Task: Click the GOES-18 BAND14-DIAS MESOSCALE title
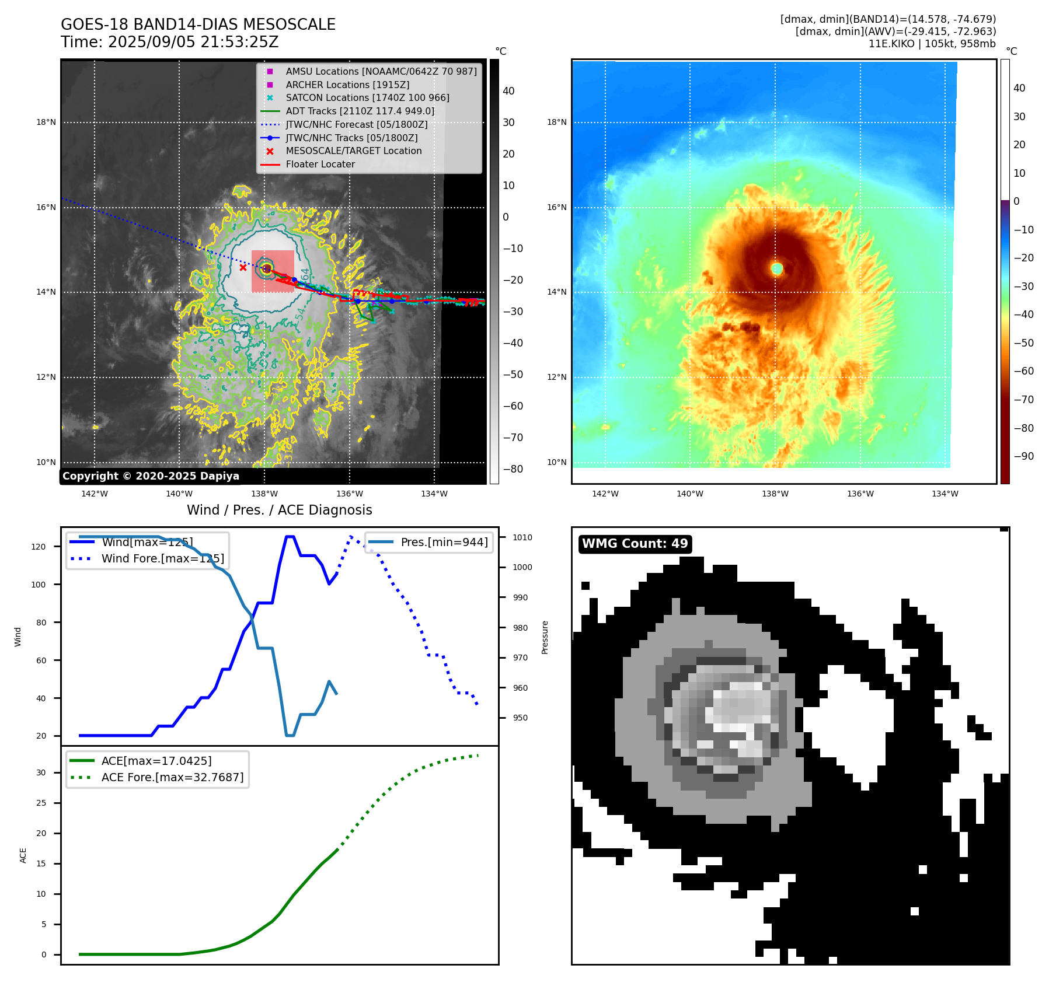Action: [x=198, y=25]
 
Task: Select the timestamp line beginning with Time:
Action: [x=169, y=43]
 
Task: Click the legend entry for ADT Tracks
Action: [x=360, y=111]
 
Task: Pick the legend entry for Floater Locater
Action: [x=320, y=165]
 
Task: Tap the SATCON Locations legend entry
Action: [x=367, y=98]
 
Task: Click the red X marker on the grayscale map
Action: [x=243, y=268]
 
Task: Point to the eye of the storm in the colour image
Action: [x=776, y=269]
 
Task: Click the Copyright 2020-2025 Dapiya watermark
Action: [x=151, y=476]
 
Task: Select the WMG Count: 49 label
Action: [x=635, y=544]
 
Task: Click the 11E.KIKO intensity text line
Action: [x=932, y=44]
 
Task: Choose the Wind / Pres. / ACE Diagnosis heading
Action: [x=279, y=510]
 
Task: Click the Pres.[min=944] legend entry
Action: [x=444, y=542]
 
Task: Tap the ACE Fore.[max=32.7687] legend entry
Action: [x=172, y=778]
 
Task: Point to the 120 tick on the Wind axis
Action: [x=39, y=547]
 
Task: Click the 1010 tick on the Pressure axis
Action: [x=522, y=537]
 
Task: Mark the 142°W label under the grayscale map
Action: [x=95, y=494]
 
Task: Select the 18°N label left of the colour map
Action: [x=556, y=123]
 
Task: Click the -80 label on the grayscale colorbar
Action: [x=513, y=469]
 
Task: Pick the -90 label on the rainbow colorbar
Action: [x=1023, y=456]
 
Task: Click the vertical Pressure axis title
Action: [x=545, y=637]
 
